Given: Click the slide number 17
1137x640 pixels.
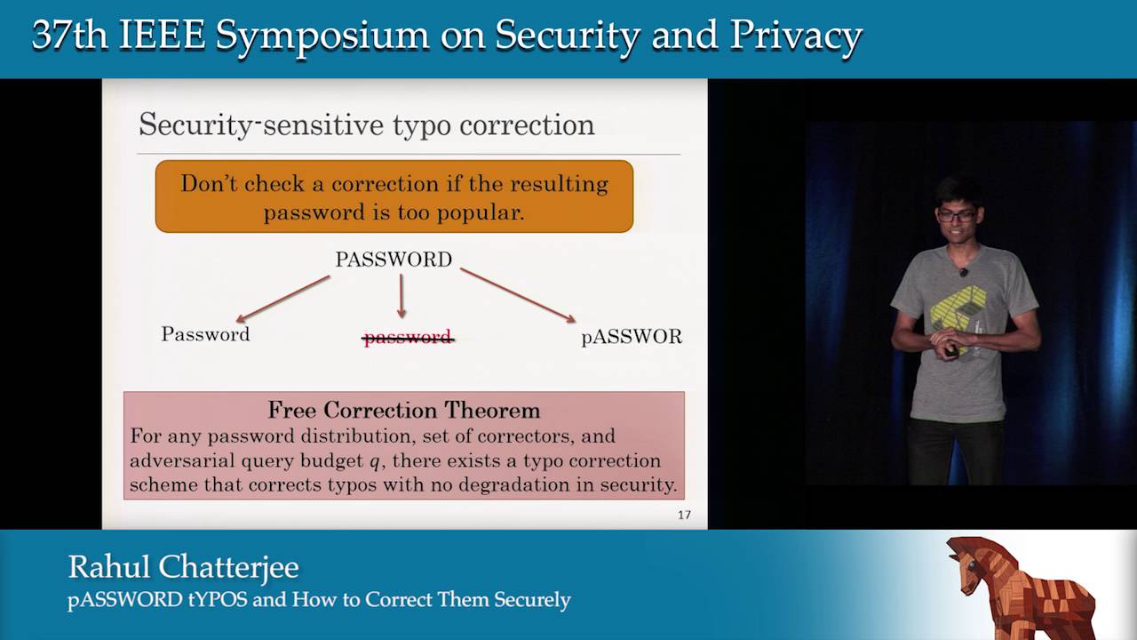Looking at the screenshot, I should point(684,515).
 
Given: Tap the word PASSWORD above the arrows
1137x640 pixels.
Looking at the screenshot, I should point(394,260).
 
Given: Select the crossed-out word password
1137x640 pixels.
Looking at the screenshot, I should point(408,337).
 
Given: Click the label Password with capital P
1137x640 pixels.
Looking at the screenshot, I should point(205,334).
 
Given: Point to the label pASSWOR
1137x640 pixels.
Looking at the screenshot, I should point(632,337).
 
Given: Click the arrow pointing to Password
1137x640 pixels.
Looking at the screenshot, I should point(282,299).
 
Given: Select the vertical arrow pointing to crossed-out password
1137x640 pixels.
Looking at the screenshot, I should point(402,296).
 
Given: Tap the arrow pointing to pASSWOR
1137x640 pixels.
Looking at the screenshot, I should point(518,294).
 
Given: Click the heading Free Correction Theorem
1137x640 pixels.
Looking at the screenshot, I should point(404,410).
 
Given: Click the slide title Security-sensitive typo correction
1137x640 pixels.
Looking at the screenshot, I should point(366,124).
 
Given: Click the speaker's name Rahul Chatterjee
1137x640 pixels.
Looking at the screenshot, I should point(183,566).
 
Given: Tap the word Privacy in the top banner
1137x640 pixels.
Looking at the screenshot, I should point(796,36).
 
